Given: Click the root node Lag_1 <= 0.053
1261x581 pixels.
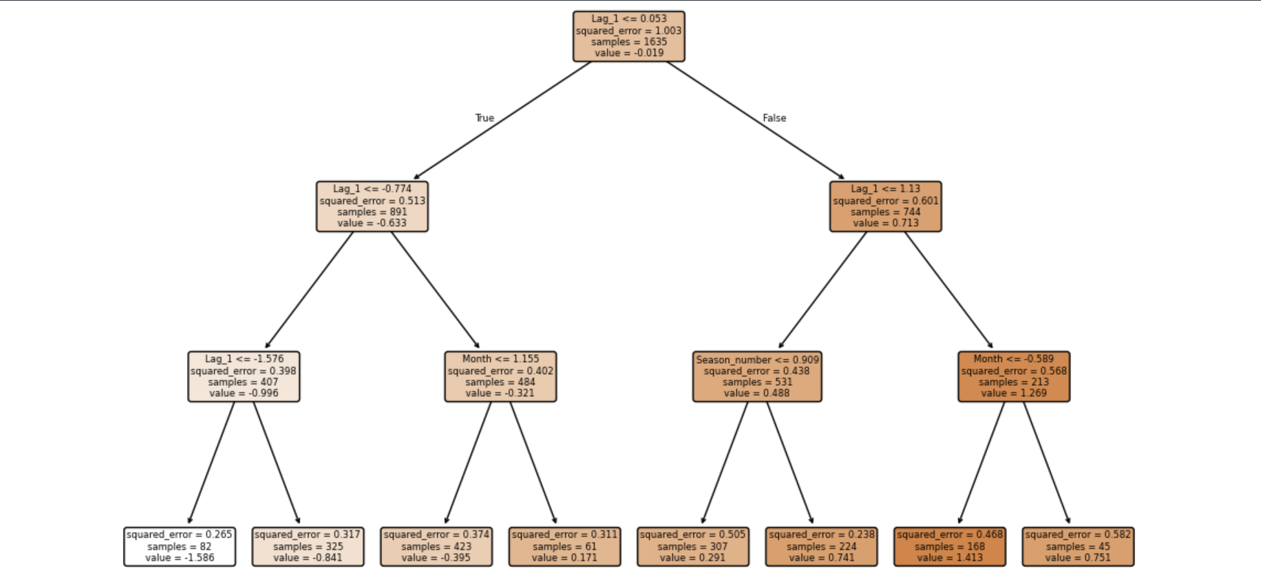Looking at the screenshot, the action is [629, 36].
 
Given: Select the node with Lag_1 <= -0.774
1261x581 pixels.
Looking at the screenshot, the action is [372, 206].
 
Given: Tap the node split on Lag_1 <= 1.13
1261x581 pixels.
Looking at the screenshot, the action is [886, 206].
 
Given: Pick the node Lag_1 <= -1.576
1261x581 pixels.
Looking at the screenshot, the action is [244, 376].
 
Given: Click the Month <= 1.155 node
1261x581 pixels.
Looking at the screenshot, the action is [501, 376].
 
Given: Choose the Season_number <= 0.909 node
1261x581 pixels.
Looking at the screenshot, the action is [757, 376].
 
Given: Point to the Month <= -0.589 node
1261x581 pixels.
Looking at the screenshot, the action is [1014, 376].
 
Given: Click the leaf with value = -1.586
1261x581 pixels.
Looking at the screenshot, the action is [180, 546].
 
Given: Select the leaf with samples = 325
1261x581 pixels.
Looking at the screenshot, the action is [308, 546].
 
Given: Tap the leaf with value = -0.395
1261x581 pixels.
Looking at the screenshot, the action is [437, 546].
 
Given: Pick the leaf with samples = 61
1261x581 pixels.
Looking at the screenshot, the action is [565, 546].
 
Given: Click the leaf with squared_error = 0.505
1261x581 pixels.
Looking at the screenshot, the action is [693, 546].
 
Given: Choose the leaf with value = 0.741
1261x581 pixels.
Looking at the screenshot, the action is [822, 546].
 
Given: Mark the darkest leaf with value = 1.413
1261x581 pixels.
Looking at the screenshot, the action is [950, 546].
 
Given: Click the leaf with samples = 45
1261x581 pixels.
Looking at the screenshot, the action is [1078, 546].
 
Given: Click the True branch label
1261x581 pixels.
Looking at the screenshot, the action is [484, 118].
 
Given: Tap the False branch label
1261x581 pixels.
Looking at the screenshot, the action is [774, 118].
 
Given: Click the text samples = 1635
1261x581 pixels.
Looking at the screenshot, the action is [629, 42].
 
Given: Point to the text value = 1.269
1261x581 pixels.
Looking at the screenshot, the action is [1014, 393].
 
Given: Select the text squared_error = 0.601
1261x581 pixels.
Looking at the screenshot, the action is [886, 200].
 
